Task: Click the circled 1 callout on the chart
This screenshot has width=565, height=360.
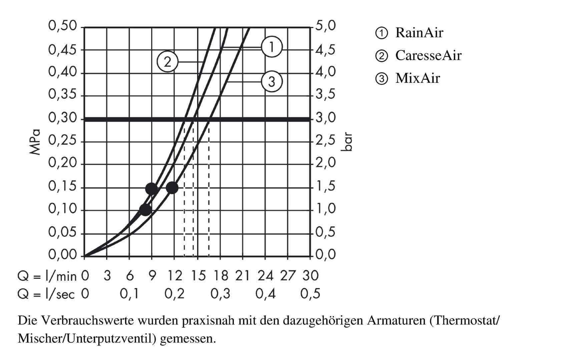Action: click(271, 47)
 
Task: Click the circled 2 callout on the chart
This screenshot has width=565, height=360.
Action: click(167, 62)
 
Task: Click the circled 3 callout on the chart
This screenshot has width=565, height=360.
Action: click(271, 81)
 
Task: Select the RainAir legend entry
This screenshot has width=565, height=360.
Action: click(419, 33)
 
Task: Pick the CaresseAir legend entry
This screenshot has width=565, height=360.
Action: click(428, 55)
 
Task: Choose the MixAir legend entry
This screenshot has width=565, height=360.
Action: click(417, 78)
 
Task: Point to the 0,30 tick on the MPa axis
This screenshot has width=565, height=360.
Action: click(62, 118)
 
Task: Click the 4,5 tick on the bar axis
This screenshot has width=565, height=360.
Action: click(326, 50)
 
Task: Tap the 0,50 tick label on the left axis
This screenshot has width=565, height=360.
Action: click(62, 26)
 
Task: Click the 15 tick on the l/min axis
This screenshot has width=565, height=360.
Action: click(198, 276)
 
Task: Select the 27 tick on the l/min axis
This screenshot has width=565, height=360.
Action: click(287, 276)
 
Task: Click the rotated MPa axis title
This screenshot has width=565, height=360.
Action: click(35, 142)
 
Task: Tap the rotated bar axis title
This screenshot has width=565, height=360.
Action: click(347, 142)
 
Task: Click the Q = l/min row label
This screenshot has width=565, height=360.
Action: click(47, 276)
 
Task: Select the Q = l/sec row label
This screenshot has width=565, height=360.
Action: click(46, 294)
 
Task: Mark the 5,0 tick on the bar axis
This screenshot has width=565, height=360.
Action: click(326, 26)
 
